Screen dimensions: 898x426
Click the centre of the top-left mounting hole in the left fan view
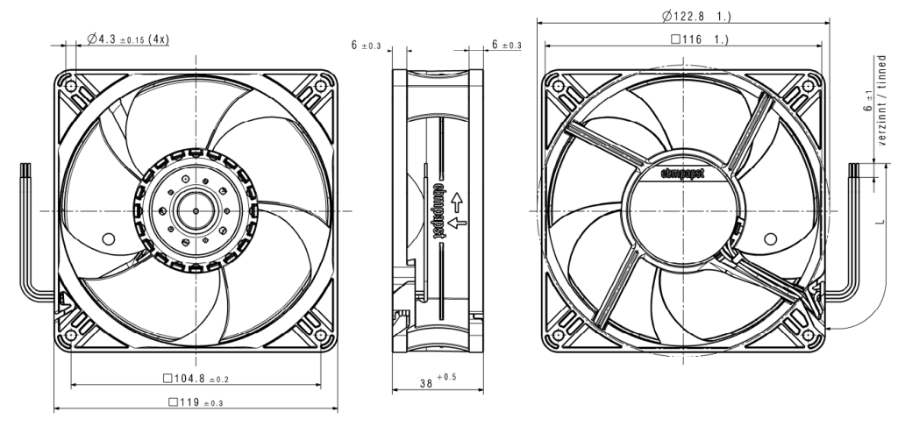[x=71, y=87]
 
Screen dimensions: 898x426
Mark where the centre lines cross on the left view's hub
[x=196, y=211]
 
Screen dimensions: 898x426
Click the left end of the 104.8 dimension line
[x=71, y=385]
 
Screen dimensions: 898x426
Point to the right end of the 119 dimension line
[x=338, y=408]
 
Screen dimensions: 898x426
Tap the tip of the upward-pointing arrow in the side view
[x=457, y=194]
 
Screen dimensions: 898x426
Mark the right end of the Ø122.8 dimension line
[x=830, y=23]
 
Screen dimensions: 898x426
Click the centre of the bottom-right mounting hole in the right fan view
[x=808, y=336]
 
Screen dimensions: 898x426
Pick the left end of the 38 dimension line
[x=392, y=390]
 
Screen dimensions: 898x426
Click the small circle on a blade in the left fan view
[x=108, y=238]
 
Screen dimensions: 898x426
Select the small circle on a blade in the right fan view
[x=770, y=238]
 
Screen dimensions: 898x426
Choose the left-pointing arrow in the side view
[x=457, y=223]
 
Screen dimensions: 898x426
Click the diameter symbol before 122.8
[x=666, y=17]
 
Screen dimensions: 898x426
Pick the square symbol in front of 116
[x=675, y=39]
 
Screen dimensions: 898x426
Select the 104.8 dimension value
[x=189, y=379]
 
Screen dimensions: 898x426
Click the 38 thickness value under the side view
[x=426, y=384]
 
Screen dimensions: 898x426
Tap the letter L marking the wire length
[x=879, y=220]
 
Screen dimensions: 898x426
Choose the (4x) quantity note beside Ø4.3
[x=158, y=39]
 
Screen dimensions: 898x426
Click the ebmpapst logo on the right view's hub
[x=682, y=174]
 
